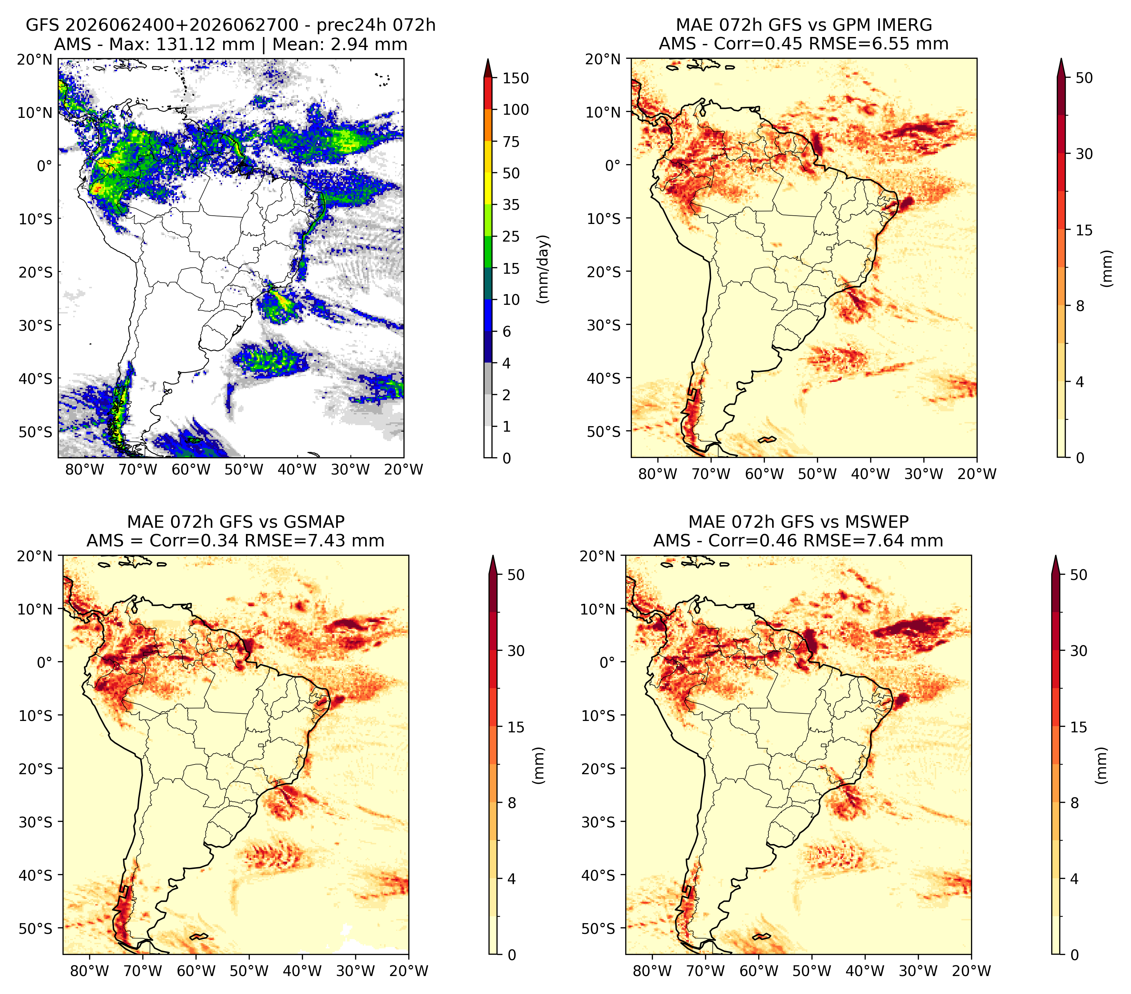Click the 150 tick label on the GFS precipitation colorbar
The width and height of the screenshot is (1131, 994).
coord(516,78)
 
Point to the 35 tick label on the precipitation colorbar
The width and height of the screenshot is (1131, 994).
coord(511,205)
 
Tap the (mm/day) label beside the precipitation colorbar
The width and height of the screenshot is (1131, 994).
coord(543,269)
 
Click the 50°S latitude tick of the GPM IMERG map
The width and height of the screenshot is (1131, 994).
coord(604,431)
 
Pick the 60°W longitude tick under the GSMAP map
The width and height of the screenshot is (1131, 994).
coord(197,971)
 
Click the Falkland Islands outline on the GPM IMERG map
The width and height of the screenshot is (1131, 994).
coord(768,439)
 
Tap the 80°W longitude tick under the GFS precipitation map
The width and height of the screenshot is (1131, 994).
coord(85,469)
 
